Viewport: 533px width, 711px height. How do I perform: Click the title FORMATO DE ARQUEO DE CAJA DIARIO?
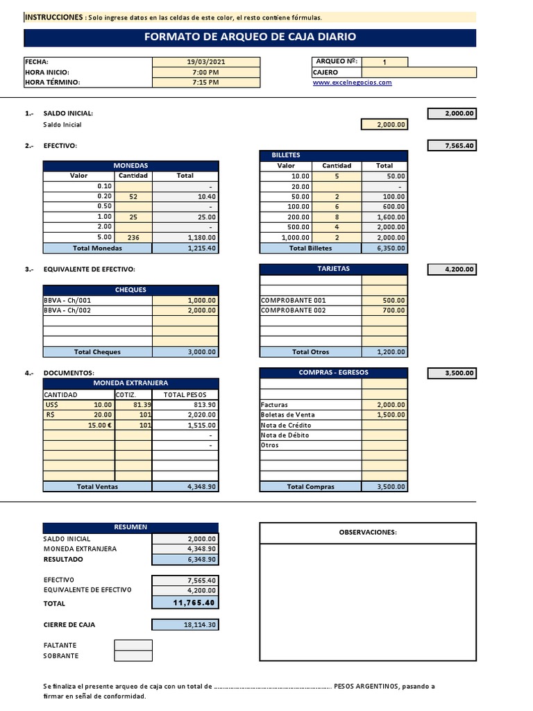click(x=250, y=37)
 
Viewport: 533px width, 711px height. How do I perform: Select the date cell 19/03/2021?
click(x=205, y=62)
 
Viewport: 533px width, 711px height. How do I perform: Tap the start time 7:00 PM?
click(x=205, y=72)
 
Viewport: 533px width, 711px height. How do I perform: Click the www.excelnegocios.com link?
click(x=352, y=82)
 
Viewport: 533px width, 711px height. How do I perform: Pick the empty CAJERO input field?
click(x=418, y=72)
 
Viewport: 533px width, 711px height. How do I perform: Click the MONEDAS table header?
click(x=131, y=166)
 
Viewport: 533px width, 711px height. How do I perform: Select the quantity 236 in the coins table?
click(x=133, y=237)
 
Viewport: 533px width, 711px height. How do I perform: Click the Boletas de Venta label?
click(x=285, y=415)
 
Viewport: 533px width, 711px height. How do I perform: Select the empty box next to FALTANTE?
click(x=133, y=645)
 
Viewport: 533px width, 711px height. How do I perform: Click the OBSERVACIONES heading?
click(x=367, y=533)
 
